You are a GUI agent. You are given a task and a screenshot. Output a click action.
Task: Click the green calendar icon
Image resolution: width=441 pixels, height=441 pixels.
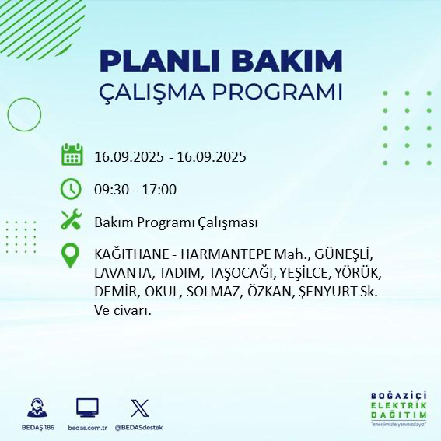click(72, 156)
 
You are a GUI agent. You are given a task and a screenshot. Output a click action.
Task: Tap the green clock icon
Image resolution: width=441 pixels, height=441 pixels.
click(72, 189)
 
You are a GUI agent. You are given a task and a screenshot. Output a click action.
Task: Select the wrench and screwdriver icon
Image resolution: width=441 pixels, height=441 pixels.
click(72, 222)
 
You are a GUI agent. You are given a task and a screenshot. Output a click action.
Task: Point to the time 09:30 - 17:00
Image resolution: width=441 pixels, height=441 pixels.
click(135, 190)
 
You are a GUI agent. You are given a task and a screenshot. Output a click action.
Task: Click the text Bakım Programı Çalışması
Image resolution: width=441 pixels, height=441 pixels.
click(175, 222)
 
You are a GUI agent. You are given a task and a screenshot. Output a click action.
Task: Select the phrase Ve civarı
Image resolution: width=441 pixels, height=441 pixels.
click(122, 310)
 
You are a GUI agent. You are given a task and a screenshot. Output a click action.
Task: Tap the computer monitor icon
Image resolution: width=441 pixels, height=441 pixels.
click(87, 407)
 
